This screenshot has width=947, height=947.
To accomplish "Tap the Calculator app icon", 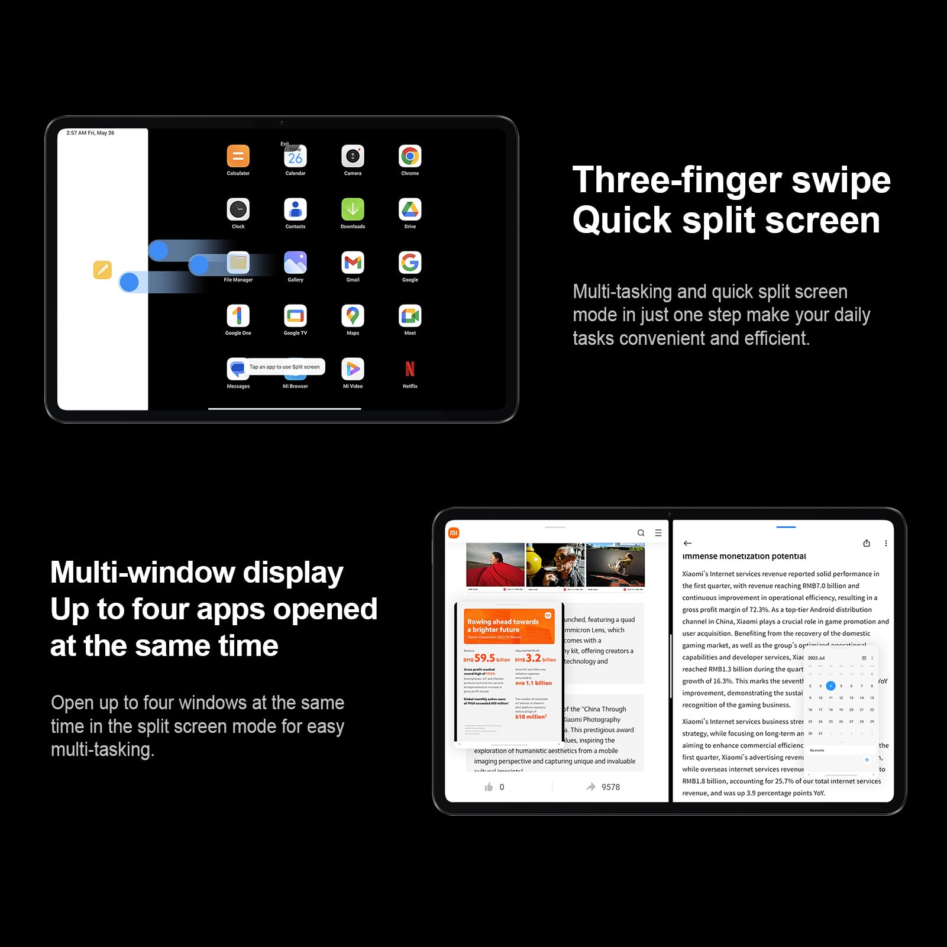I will coord(238,156).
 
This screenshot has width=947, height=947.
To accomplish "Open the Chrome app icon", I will coord(410,156).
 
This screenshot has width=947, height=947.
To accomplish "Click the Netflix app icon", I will coord(410,369).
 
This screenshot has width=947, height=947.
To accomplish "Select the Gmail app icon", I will coord(353,263).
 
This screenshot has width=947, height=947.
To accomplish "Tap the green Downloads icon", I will coord(353,209).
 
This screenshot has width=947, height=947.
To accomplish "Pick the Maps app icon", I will coord(353,316).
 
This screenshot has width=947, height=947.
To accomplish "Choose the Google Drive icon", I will coord(410,209).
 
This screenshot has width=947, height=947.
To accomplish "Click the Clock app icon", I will coord(238,209).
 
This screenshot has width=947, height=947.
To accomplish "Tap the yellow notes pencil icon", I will coord(102,270).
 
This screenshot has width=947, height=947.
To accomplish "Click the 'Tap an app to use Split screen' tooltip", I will coord(285,367).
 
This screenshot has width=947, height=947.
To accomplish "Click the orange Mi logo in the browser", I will coord(454,533).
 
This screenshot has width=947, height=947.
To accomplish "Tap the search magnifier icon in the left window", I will coord(641,533).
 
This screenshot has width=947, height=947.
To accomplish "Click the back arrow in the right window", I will coord(687,543).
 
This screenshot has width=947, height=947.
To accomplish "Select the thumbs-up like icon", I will coord(489,787).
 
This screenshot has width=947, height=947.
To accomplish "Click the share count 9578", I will coord(610,787).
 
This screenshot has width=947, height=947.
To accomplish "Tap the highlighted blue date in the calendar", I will coord(830,686).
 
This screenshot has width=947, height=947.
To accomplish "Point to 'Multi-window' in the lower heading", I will coord(143,573).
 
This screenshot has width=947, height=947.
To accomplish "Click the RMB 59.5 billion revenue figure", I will coord(486,658).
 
